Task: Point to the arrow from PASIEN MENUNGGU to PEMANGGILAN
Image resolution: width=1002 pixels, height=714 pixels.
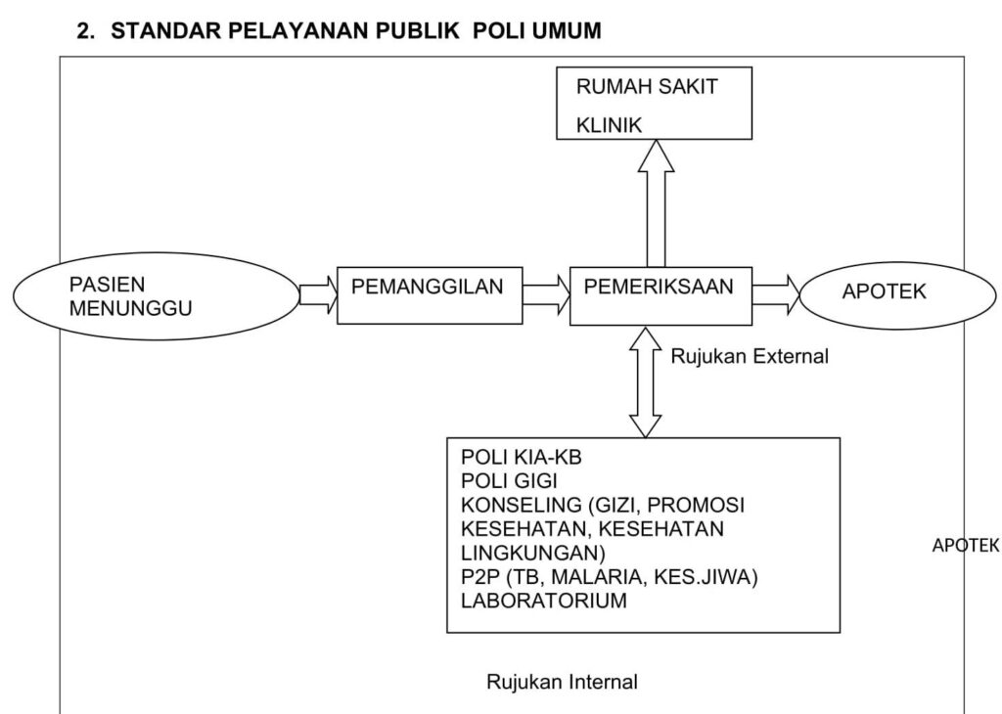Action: [x=318, y=295]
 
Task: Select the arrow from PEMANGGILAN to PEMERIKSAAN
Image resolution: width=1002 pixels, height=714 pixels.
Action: [x=546, y=295]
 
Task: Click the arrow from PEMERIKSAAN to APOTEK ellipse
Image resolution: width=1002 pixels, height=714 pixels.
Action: [x=776, y=295]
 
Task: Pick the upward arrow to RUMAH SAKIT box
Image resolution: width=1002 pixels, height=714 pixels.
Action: [x=656, y=203]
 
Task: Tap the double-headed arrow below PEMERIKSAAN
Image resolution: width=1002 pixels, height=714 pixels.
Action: [x=646, y=381]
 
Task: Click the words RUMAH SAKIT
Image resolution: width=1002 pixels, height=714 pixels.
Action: [x=647, y=87]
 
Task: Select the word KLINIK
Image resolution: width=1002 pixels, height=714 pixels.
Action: [x=609, y=125]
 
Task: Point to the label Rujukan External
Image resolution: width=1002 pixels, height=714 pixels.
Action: [x=749, y=356]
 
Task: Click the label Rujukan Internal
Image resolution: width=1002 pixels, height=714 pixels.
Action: [x=563, y=682]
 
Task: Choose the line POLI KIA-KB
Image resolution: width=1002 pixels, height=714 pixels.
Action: [x=521, y=458]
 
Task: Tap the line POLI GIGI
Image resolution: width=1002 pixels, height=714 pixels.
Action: [x=509, y=481]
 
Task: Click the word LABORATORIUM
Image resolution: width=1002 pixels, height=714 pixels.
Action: [x=544, y=601]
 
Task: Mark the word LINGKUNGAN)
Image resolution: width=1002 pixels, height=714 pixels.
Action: [x=533, y=553]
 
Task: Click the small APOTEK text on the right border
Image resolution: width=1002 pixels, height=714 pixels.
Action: [x=965, y=546]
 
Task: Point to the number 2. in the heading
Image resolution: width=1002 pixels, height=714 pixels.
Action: [x=86, y=30]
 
